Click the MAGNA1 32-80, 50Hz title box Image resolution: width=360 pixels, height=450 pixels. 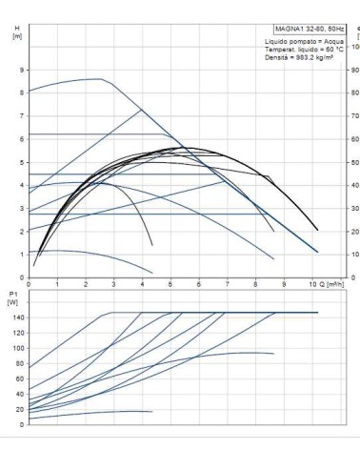(x=310, y=29)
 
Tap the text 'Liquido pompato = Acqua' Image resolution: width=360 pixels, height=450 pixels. (x=304, y=42)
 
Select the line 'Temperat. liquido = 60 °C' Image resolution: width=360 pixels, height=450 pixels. (x=304, y=50)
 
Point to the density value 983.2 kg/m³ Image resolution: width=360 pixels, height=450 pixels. (x=314, y=57)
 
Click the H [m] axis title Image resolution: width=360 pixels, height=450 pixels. (x=17, y=32)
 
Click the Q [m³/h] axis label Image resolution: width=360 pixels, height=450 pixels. (x=331, y=284)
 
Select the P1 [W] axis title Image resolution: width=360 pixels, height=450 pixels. (x=13, y=298)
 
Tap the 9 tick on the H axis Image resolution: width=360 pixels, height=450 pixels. (x=22, y=70)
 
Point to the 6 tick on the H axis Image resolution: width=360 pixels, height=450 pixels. (x=22, y=139)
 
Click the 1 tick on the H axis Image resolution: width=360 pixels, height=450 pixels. (x=22, y=255)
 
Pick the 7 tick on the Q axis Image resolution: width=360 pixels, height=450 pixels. (x=228, y=284)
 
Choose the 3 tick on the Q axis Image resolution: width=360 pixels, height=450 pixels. (x=113, y=284)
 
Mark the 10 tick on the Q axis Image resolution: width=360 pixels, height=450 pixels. (x=313, y=284)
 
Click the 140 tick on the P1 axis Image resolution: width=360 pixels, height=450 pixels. (x=19, y=317)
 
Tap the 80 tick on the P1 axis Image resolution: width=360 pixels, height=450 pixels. (x=20, y=363)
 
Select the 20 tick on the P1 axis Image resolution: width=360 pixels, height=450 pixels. (x=20, y=409)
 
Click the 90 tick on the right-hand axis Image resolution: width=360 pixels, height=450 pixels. (x=355, y=70)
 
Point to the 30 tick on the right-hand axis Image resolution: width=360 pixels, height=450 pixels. (x=355, y=209)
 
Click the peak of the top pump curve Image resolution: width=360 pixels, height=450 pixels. (x=101, y=79)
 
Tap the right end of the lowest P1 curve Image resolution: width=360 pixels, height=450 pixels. (x=152, y=412)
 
